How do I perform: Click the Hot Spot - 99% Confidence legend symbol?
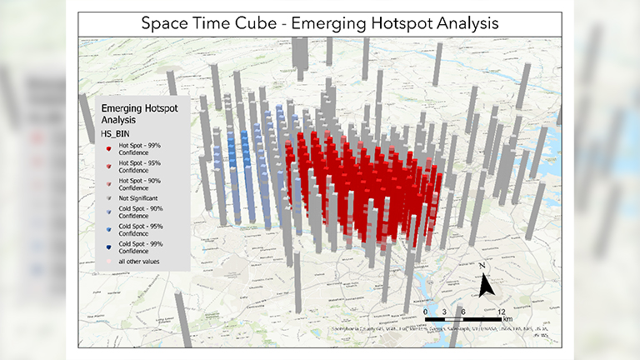click(x=109, y=148)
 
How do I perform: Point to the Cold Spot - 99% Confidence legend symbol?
click(x=109, y=246)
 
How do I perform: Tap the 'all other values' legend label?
click(x=141, y=262)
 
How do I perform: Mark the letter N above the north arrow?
click(x=482, y=267)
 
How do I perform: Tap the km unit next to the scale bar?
click(x=508, y=318)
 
